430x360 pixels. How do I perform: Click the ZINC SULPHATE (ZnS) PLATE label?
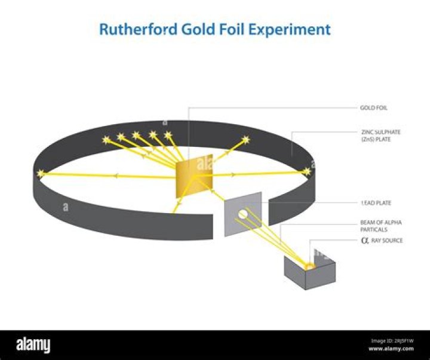pyautogui.click(x=379, y=135)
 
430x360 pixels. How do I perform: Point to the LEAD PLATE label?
pyautogui.click(x=376, y=203)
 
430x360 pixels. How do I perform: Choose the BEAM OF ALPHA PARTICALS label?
pyautogui.click(x=381, y=226)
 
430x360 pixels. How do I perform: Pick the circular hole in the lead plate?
pyautogui.click(x=243, y=214)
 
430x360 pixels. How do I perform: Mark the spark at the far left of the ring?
pyautogui.click(x=41, y=174)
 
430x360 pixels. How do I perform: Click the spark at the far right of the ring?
pyautogui.click(x=307, y=172)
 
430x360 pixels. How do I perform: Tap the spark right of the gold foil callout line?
pyautogui.click(x=245, y=141)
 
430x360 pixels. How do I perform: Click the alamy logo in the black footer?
pyautogui.click(x=33, y=345)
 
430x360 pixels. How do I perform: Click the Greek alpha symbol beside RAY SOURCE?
pyautogui.click(x=365, y=241)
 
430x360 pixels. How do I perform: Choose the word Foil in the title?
pyautogui.click(x=238, y=29)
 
